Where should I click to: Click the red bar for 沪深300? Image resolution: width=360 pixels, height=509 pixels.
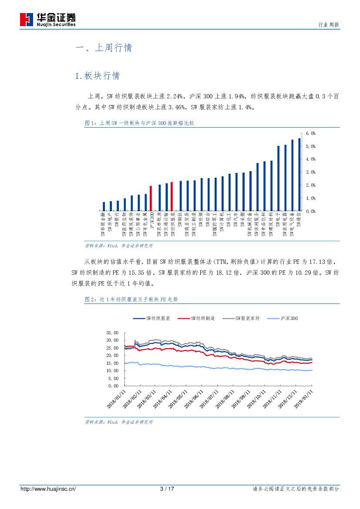pyautogui.click(x=151, y=199)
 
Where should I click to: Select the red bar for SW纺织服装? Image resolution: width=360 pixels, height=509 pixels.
pyautogui.click(x=172, y=196)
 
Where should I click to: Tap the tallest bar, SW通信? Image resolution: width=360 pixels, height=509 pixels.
pyautogui.click(x=299, y=175)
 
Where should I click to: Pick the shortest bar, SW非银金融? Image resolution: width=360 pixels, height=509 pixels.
pyautogui.click(x=104, y=206)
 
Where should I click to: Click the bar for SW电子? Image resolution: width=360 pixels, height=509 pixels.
pyautogui.click(x=278, y=179)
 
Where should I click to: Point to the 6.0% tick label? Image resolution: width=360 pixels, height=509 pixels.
pyautogui.click(x=310, y=133)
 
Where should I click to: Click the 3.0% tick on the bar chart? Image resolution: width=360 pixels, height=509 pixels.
pyautogui.click(x=310, y=172)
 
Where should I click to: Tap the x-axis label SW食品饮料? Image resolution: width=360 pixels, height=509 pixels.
pyautogui.click(x=264, y=225)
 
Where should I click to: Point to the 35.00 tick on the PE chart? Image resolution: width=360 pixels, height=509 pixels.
pyautogui.click(x=112, y=333)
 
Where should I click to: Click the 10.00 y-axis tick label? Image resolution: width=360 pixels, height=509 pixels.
pyautogui.click(x=112, y=371)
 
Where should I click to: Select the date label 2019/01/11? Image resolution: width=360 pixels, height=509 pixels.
pyautogui.click(x=303, y=399)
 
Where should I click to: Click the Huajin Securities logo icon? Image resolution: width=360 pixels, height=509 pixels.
pyautogui.click(x=27, y=19)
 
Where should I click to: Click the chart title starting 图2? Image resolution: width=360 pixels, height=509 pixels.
pyautogui.click(x=131, y=300)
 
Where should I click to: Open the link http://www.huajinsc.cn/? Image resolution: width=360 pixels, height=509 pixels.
pyautogui.click(x=48, y=489)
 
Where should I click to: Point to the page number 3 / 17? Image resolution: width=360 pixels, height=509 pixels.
pyautogui.click(x=167, y=489)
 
